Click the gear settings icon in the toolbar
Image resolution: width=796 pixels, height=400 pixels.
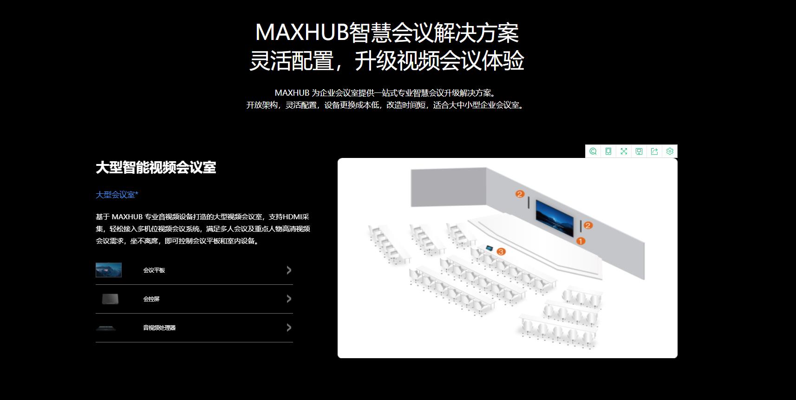670,151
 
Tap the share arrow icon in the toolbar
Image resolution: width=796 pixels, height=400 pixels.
654,151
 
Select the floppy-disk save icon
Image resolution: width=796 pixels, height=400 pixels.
639,151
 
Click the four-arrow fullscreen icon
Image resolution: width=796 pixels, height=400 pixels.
624,151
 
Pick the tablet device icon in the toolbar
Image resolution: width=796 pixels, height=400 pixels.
608,151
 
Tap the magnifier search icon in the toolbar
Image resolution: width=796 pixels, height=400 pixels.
593,151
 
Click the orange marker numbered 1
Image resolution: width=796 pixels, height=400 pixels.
581,241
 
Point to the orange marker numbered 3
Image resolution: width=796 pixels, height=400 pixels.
501,252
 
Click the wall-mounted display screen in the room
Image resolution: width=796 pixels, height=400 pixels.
555,217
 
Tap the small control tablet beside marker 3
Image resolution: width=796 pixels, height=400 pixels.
489,248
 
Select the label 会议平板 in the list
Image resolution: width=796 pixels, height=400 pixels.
154,270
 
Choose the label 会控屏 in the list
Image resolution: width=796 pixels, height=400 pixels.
151,299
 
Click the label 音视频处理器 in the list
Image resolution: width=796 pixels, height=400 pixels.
159,328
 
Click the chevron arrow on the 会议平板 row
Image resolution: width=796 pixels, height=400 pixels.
289,270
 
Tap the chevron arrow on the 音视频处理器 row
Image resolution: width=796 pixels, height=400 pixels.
289,328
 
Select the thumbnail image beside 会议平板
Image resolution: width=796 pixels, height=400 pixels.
109,270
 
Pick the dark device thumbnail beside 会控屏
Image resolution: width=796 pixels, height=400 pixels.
110,299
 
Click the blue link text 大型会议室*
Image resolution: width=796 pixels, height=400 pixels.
117,195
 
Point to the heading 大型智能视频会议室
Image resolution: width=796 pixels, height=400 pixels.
156,167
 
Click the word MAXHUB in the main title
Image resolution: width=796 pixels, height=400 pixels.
302,33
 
